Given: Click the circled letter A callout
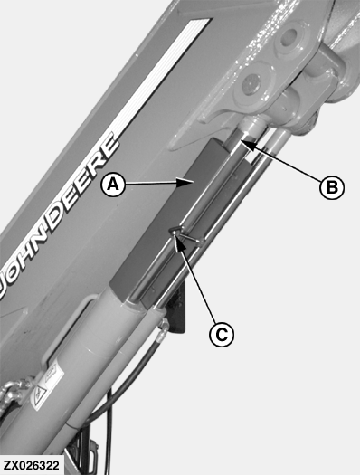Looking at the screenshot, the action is [113, 184].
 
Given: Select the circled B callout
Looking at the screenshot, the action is [332, 187].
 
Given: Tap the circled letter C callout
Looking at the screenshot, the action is [222, 335].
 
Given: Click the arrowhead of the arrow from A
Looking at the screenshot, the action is [185, 182].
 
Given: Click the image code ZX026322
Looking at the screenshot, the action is [31, 465].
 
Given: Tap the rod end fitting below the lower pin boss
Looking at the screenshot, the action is [253, 125].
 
